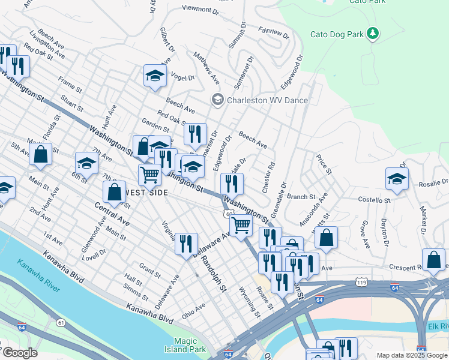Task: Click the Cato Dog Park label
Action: coord(337,34)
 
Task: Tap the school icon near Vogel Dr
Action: coord(154,76)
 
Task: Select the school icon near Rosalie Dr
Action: coord(397,178)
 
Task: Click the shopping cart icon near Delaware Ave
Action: coord(241,225)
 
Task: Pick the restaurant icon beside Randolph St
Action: coord(186,243)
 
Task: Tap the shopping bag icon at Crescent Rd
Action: coord(433,259)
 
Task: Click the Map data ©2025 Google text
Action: coord(412,355)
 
